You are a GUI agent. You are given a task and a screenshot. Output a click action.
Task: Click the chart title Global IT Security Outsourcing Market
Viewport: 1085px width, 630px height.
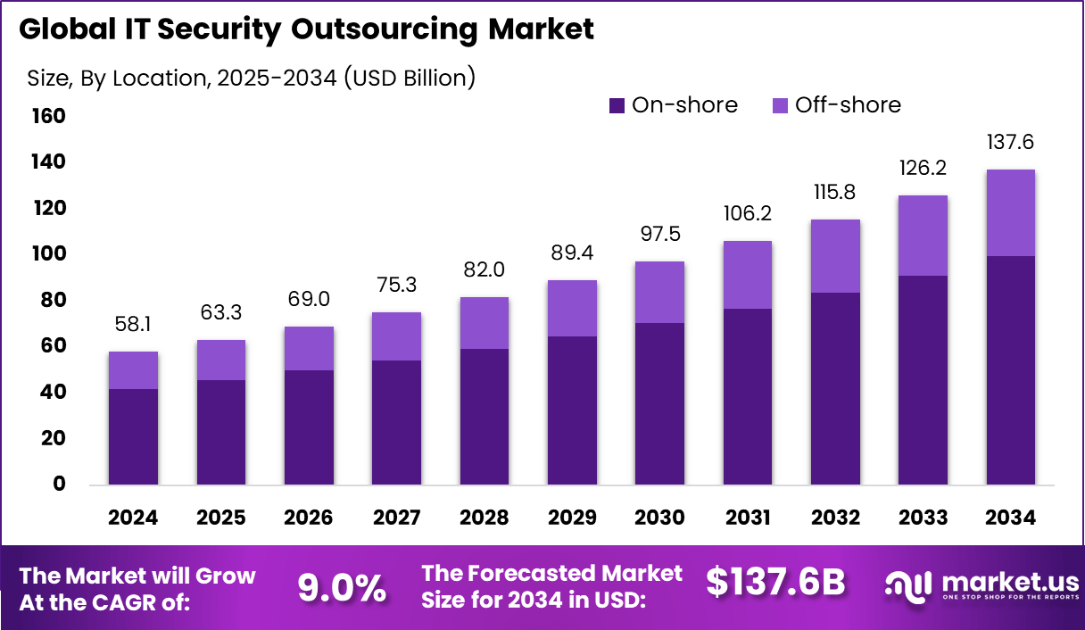pyautogui.click(x=306, y=29)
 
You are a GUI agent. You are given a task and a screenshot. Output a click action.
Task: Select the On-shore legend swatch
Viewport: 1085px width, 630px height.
pyautogui.click(x=617, y=105)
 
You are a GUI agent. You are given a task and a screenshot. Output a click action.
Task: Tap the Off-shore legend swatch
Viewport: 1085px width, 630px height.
pyautogui.click(x=780, y=105)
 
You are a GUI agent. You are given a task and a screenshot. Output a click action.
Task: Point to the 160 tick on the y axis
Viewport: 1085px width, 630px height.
pyautogui.click(x=50, y=116)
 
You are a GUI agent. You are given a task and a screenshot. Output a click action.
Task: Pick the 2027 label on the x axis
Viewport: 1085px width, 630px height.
pyautogui.click(x=396, y=518)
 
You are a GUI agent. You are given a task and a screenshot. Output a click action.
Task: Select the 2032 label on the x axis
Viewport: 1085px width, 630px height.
pyautogui.click(x=835, y=518)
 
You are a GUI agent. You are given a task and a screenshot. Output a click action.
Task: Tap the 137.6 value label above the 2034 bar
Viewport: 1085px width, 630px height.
pyautogui.click(x=1011, y=143)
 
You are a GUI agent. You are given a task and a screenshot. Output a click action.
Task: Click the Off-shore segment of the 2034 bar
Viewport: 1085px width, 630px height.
pyautogui.click(x=1011, y=212)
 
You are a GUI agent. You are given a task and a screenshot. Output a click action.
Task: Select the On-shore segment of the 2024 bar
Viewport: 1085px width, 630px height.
pyautogui.click(x=133, y=436)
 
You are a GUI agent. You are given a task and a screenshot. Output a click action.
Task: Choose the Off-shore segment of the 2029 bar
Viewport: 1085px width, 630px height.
pyautogui.click(x=572, y=308)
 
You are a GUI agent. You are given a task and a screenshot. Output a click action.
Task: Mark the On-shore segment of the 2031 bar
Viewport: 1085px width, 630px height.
pyautogui.click(x=748, y=396)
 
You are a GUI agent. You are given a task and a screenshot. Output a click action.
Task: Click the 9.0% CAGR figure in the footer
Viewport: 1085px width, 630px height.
pyautogui.click(x=342, y=587)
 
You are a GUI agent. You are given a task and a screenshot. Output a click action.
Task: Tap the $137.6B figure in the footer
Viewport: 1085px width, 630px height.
pyautogui.click(x=774, y=583)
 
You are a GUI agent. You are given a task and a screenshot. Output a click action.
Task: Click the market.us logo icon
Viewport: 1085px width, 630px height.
pyautogui.click(x=909, y=585)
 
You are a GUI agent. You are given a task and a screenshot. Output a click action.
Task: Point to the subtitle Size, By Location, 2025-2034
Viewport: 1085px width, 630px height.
pyautogui.click(x=251, y=78)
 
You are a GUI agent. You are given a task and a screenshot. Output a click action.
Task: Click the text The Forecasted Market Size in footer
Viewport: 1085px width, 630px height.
pyautogui.click(x=551, y=586)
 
